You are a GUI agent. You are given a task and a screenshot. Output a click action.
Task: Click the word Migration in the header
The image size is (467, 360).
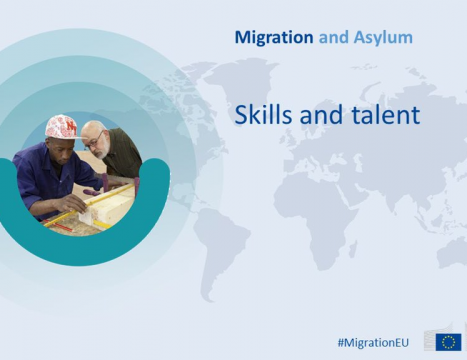point(274,37)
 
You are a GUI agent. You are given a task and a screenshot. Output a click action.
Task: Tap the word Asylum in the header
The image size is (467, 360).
point(383,37)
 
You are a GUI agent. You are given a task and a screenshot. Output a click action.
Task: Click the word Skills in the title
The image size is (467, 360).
point(264,114)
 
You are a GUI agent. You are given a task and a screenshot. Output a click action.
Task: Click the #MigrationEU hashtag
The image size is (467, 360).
point(373,342)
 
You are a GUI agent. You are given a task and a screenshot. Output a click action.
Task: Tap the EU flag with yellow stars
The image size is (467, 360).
point(448,342)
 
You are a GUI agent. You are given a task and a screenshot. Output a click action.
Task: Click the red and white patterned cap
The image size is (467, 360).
point(62,127)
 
